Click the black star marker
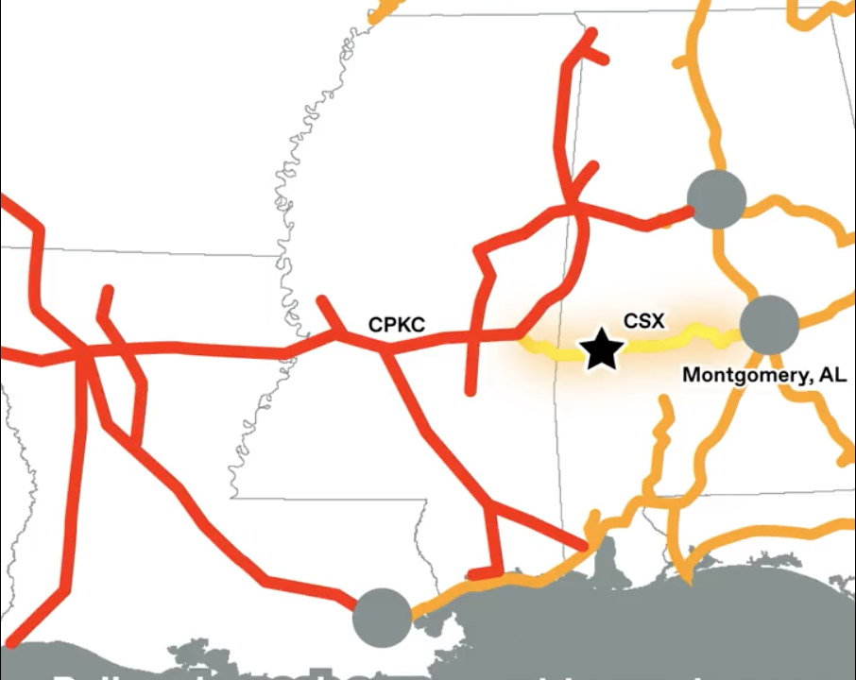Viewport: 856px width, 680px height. (602, 350)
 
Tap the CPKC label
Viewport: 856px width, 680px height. (397, 326)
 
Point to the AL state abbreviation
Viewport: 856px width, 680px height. (835, 375)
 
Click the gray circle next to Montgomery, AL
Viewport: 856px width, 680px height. (769, 325)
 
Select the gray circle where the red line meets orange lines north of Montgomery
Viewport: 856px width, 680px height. (716, 199)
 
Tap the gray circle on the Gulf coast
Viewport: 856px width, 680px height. (382, 617)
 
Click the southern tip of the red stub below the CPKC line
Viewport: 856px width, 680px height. (471, 390)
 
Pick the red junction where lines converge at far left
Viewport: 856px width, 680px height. (85, 352)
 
